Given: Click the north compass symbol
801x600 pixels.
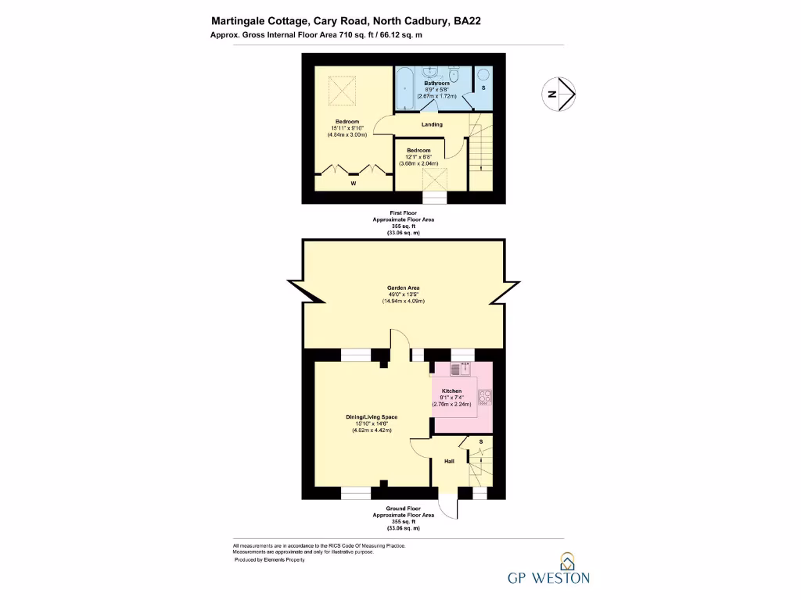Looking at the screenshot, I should pos(560,94).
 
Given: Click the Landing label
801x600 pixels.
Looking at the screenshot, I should pos(432,124).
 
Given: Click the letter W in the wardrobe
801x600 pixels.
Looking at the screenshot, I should pos(354,184).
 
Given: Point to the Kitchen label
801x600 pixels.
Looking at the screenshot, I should pos(451,391).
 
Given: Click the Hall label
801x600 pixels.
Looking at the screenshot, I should pos(449,462).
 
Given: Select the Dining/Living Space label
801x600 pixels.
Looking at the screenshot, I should pos(372,417).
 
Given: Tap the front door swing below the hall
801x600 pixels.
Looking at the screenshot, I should pos(447,509).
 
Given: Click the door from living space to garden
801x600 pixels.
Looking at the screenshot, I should pos(400,345).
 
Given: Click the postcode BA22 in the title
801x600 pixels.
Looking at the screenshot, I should pos(467,22).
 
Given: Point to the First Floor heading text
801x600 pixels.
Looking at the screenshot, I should pos(403,212).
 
